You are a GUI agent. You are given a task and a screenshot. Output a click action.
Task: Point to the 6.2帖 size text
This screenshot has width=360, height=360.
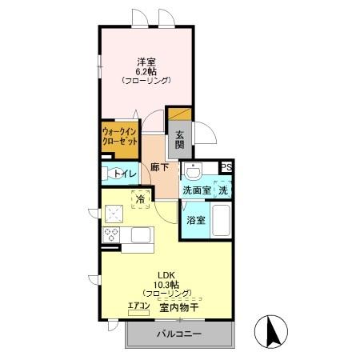[x=146, y=70]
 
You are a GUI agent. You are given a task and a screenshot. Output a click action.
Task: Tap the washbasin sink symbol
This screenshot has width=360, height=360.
[x=192, y=170]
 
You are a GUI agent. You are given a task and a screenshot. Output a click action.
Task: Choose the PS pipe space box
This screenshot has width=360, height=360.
[x=227, y=168]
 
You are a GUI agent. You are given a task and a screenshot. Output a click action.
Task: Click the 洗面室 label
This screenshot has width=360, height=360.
[x=195, y=190]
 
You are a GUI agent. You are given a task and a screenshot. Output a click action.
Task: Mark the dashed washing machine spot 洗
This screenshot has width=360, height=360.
[x=224, y=190]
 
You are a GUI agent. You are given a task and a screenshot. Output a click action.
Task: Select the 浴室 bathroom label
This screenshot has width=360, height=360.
[x=196, y=219]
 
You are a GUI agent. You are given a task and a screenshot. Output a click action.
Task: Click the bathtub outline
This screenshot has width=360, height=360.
[x=222, y=220]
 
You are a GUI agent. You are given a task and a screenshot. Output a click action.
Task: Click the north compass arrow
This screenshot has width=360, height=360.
[x=270, y=330]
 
